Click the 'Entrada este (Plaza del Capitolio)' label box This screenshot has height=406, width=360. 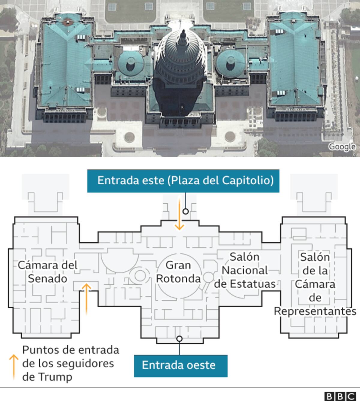pyautogui.click(x=183, y=181)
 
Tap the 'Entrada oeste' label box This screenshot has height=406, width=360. pyautogui.click(x=181, y=366)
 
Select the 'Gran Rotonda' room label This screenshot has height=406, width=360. pyautogui.click(x=178, y=272)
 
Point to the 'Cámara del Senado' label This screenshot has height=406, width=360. pyautogui.click(x=47, y=272)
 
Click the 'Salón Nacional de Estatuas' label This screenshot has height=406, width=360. pyautogui.click(x=245, y=270)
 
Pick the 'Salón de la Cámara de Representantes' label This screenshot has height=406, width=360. pyautogui.click(x=315, y=284)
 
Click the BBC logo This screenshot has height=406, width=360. pyautogui.click(x=340, y=397)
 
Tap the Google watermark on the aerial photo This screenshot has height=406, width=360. pyautogui.click(x=342, y=147)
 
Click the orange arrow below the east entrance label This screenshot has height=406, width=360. pyautogui.click(x=179, y=214)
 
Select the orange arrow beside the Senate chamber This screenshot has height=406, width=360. pyautogui.click(x=86, y=299)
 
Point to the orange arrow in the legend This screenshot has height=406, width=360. pyautogui.click(x=14, y=367)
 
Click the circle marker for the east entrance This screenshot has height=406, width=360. pyautogui.click(x=186, y=211)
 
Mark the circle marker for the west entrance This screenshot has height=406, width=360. pyautogui.click(x=179, y=339)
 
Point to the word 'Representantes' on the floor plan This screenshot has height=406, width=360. pyautogui.click(x=315, y=311)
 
